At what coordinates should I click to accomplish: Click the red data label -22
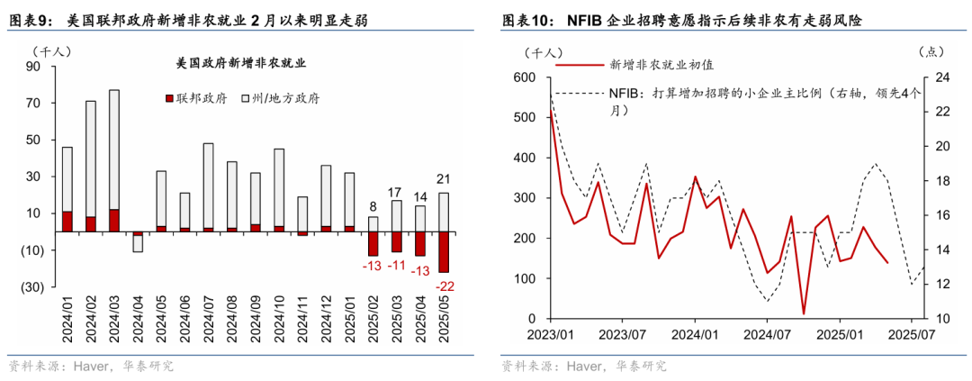(x=445, y=286)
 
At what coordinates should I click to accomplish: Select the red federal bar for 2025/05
(x=445, y=252)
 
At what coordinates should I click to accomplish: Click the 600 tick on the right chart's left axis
(x=524, y=77)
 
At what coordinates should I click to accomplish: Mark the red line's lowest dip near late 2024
(x=804, y=314)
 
